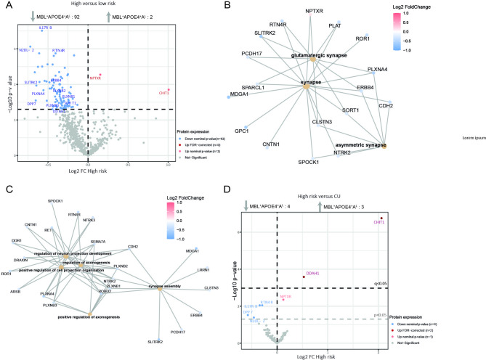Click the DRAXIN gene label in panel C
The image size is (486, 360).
(x=20, y=259)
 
